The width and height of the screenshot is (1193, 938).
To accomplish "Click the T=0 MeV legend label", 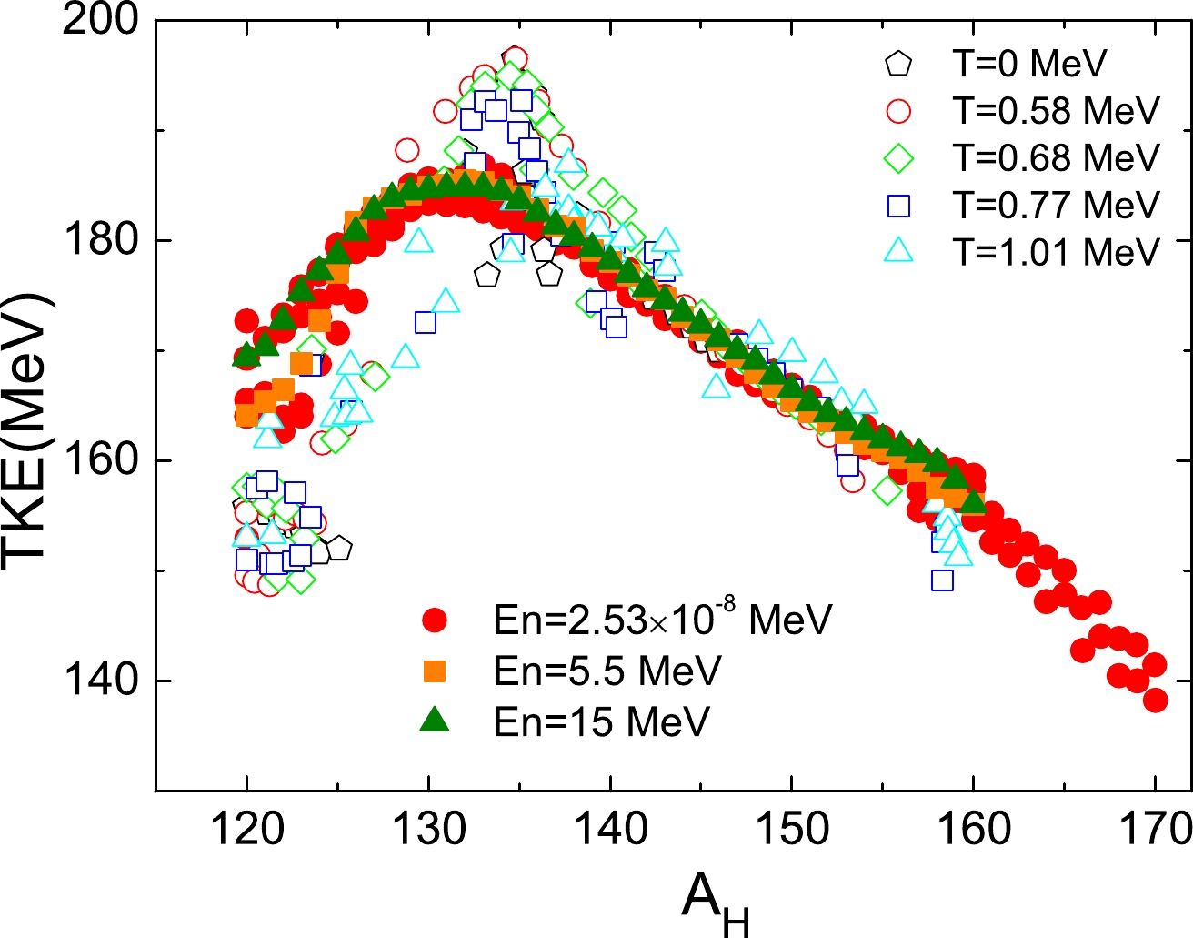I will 1029,64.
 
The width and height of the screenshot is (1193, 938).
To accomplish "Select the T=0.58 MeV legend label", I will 1056,111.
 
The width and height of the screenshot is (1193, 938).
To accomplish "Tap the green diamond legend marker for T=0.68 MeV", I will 898,158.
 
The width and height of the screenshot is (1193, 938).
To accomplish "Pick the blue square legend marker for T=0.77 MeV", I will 898,206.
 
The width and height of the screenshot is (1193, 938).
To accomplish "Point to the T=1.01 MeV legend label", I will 1056,252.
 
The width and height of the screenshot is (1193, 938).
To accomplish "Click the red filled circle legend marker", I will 436,620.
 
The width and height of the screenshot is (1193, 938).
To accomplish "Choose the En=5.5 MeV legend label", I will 607,671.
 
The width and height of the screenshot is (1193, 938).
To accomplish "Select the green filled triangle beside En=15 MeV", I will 436,720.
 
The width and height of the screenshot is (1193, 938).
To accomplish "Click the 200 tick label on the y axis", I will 100,20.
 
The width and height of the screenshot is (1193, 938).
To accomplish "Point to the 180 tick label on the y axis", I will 100,240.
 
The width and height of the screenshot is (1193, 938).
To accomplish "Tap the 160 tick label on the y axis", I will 100,460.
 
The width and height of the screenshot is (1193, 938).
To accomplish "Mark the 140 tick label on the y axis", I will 100,681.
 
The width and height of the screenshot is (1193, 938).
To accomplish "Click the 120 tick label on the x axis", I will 246,830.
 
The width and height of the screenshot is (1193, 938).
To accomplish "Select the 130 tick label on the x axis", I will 428,830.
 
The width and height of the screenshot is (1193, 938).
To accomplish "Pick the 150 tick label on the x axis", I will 792,830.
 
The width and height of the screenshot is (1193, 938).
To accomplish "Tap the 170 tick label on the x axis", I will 1155,830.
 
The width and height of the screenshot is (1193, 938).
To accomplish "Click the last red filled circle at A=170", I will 1156,701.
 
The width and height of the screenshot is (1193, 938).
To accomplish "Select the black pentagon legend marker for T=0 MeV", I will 898,64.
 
